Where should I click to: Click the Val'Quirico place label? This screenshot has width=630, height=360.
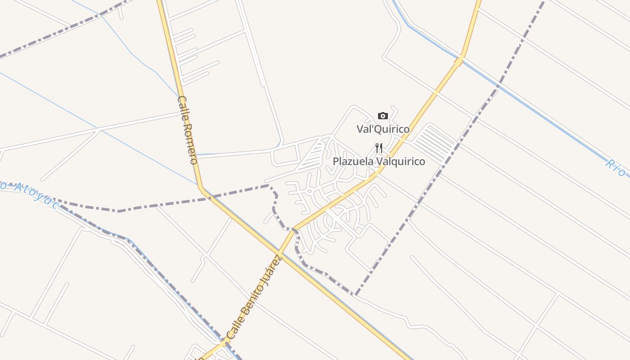click(x=383, y=129)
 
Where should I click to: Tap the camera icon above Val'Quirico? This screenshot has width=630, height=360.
click(x=382, y=116)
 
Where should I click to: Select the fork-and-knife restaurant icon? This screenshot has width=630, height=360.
click(x=379, y=148)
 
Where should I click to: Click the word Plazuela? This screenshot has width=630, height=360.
click(x=353, y=161)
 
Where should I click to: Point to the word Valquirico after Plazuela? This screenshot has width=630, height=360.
click(x=400, y=161)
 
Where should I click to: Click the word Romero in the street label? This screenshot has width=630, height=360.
click(x=190, y=143)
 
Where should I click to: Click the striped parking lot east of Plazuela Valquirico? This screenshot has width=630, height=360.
click(x=433, y=143)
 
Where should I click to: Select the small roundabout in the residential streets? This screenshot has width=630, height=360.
click(x=309, y=191)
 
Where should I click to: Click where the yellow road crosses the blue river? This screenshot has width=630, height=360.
click(x=459, y=60)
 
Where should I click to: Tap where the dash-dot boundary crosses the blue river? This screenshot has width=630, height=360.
click(x=498, y=85)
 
